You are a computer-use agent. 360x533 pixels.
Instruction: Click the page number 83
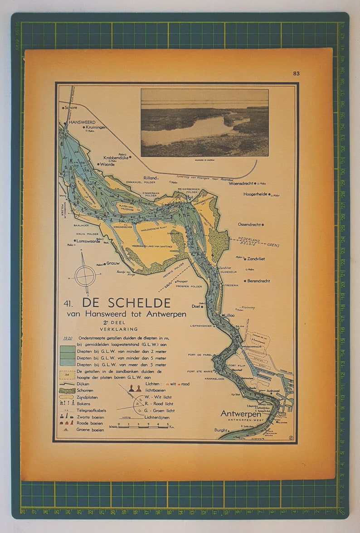(297, 73)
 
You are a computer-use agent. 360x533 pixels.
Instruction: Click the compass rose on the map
(85, 275)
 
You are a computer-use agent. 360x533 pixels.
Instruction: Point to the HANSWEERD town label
(80, 122)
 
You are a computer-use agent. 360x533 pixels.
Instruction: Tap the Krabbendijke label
(116, 158)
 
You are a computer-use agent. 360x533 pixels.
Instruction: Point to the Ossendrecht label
(249, 224)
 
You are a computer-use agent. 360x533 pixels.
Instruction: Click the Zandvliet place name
(256, 259)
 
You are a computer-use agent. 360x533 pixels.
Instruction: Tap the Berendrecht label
(258, 281)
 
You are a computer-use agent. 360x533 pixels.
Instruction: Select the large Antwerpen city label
(240, 414)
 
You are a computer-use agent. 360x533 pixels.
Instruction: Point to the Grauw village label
(113, 263)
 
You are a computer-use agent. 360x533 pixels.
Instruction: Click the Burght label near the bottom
(221, 430)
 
